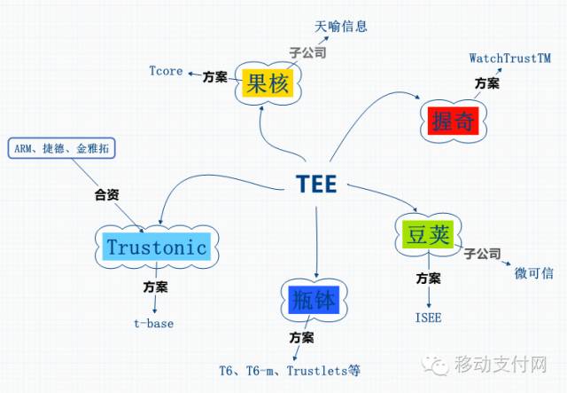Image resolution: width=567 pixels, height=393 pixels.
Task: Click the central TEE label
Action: tap(316, 184)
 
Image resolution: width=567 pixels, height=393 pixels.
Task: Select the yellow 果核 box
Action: tap(268, 83)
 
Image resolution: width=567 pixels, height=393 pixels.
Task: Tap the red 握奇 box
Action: tap(453, 121)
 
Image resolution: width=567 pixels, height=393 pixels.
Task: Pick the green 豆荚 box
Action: tap(428, 234)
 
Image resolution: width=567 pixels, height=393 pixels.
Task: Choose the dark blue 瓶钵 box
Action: tap(314, 300)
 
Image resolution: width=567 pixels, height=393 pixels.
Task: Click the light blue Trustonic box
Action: tap(157, 247)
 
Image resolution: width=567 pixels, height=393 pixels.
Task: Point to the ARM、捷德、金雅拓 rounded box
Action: tap(61, 148)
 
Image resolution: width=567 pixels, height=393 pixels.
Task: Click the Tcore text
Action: tap(166, 71)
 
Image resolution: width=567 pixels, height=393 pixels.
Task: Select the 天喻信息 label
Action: tap(340, 26)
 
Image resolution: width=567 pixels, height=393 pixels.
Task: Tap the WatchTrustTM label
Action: tap(510, 58)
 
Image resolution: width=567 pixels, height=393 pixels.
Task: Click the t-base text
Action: tap(153, 323)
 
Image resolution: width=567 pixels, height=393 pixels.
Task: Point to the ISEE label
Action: tap(429, 318)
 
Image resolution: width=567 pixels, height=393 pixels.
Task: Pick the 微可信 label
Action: tap(533, 272)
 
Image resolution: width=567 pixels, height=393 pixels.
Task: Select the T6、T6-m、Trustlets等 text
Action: tap(290, 371)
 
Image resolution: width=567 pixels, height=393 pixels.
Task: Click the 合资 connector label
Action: tap(106, 195)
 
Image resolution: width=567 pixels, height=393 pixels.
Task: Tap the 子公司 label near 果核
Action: tap(307, 53)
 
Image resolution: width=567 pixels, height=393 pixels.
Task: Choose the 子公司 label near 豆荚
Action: tap(482, 254)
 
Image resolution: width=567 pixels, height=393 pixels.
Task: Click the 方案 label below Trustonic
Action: tap(156, 287)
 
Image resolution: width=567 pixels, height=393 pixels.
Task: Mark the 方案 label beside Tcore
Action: tap(214, 77)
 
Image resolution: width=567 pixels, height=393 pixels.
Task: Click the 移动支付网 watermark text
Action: tap(501, 364)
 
